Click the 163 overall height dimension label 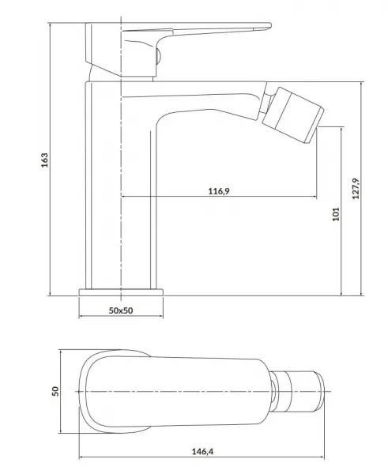coord(45,160)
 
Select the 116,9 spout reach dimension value coord(219,191)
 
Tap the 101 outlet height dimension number coord(337,214)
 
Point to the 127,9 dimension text coord(356,189)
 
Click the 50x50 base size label coord(121,310)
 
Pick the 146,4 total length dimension coord(202,452)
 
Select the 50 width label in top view coord(55,391)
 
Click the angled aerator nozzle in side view coord(292,115)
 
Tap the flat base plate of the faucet coord(121,292)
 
